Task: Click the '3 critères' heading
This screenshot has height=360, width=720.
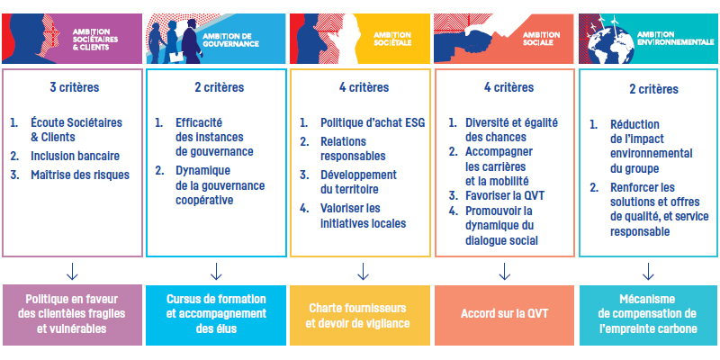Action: [x=75, y=87]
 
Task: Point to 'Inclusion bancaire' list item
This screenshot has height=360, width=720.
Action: [x=75, y=156]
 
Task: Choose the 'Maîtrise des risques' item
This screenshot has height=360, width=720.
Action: [x=80, y=175]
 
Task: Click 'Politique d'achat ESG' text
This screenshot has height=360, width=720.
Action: [x=373, y=122]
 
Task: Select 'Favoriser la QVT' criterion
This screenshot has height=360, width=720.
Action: [x=501, y=195]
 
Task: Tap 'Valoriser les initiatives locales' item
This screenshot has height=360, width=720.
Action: [x=364, y=216]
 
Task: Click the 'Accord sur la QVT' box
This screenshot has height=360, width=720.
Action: [x=504, y=313]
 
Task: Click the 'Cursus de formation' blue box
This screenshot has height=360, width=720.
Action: [x=216, y=315]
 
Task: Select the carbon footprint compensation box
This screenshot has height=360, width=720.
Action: [x=648, y=315]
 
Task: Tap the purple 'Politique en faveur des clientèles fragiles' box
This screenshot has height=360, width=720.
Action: [x=72, y=315]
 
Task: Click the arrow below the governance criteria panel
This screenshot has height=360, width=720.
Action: [x=216, y=271]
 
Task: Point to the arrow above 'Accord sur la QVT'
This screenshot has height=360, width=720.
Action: [x=504, y=271]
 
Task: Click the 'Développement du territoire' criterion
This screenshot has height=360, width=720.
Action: [x=358, y=182]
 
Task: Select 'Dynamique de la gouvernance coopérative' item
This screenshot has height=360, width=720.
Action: [x=220, y=185]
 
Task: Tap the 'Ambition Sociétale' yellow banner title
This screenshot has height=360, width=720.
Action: [x=392, y=40]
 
